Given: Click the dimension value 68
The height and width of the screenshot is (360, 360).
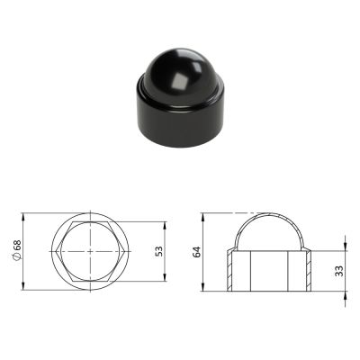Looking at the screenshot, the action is [x=17, y=246].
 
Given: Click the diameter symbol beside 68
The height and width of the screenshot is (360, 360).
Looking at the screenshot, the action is [x=17, y=256].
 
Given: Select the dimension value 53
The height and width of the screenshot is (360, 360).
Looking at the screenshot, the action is [x=159, y=251].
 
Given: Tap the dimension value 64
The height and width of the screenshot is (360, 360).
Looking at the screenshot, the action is [x=196, y=252].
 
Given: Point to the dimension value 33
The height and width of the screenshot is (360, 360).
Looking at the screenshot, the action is [x=339, y=271].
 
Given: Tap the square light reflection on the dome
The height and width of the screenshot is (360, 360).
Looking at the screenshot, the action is [x=179, y=82].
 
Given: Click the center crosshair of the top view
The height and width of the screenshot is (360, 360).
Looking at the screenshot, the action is [x=90, y=251].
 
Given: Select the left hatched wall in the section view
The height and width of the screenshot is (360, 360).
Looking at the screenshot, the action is [x=229, y=271].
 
